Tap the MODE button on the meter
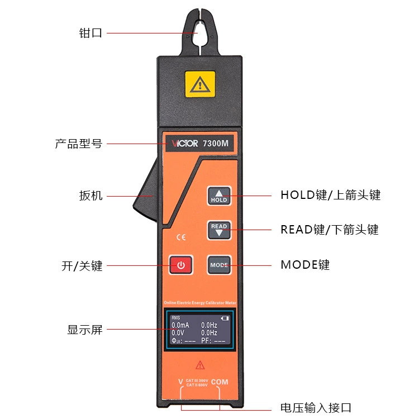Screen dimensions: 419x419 tap(219, 265)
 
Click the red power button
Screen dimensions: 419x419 tap(181, 265)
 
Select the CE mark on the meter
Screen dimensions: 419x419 tap(180, 237)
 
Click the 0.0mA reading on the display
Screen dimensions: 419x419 tap(180, 325)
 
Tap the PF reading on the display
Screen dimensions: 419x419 tap(213, 340)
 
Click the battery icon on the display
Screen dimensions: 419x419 tap(225, 318)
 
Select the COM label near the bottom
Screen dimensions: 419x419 tap(220, 382)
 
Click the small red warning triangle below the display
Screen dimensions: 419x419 tap(200, 365)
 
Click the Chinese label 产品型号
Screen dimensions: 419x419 tap(79, 144)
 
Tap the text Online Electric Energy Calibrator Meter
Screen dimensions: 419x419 tap(200, 302)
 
